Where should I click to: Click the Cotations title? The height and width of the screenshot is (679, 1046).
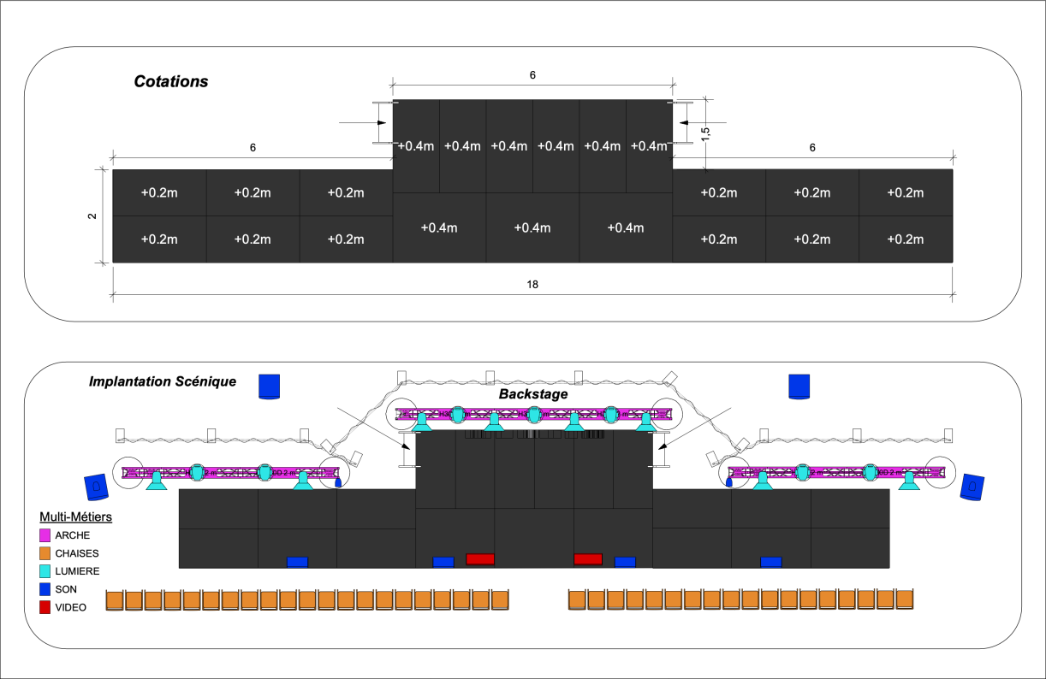(x=171, y=82)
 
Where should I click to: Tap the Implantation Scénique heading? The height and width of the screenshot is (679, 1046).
(x=163, y=381)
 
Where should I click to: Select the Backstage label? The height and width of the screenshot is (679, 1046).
(x=533, y=394)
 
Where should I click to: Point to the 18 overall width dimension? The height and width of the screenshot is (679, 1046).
(x=533, y=284)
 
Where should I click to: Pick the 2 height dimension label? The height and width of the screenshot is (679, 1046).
(x=92, y=216)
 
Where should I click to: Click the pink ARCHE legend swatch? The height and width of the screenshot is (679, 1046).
(x=46, y=534)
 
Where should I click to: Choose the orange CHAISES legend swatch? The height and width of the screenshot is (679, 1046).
(x=46, y=552)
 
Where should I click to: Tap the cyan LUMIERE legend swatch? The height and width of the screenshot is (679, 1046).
(x=46, y=570)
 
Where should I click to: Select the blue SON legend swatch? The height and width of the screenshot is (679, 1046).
(x=46, y=589)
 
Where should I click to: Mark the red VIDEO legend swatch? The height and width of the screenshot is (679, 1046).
(x=46, y=607)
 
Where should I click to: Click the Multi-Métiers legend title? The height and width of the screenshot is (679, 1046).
(x=76, y=517)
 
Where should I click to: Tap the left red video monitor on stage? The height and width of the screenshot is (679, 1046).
(x=480, y=559)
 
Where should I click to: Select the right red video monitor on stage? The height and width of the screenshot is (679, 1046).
(x=588, y=559)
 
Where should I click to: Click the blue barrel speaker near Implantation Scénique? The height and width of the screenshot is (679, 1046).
(x=270, y=387)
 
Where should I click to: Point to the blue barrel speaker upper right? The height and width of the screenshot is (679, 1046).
(x=799, y=387)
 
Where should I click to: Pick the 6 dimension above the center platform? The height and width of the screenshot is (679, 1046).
(x=532, y=75)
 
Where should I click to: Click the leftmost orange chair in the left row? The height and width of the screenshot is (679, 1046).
(x=115, y=599)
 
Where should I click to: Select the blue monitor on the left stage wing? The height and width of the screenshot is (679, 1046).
(x=297, y=562)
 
